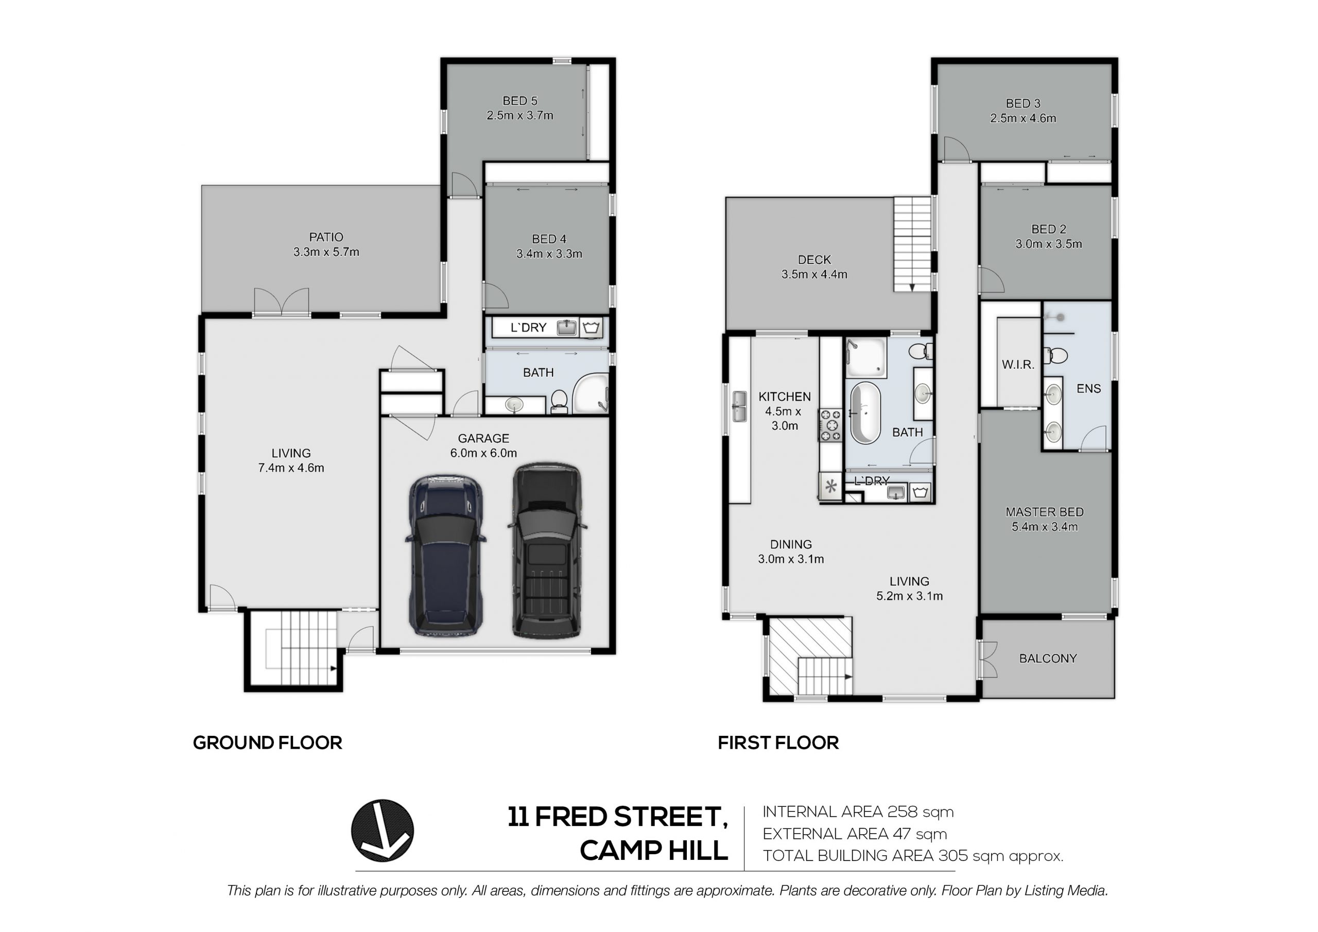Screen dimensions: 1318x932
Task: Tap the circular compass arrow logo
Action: pyautogui.click(x=383, y=831)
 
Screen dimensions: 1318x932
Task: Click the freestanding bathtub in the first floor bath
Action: pyautogui.click(x=865, y=413)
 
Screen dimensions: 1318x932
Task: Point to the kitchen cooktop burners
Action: pyautogui.click(x=830, y=425)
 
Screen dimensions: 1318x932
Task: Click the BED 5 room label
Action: pyautogui.click(x=520, y=101)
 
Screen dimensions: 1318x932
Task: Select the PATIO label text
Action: pyautogui.click(x=326, y=236)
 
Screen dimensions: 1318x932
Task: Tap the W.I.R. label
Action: pyautogui.click(x=1018, y=364)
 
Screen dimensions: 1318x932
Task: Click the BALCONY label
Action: pyautogui.click(x=1048, y=659)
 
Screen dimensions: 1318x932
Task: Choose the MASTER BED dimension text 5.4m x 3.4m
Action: pyautogui.click(x=1045, y=527)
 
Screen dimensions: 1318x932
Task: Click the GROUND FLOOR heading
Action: pyautogui.click(x=268, y=743)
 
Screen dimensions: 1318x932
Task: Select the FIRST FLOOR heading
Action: pyautogui.click(x=778, y=743)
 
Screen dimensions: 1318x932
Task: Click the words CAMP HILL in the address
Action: pyautogui.click(x=654, y=851)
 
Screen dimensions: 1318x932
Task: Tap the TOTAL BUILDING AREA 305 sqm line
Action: pyautogui.click(x=913, y=856)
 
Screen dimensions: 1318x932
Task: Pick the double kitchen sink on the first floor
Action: pyautogui.click(x=739, y=407)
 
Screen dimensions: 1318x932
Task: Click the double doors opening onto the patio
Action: pyautogui.click(x=281, y=301)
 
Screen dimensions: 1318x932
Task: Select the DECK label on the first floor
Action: pyautogui.click(x=814, y=260)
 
